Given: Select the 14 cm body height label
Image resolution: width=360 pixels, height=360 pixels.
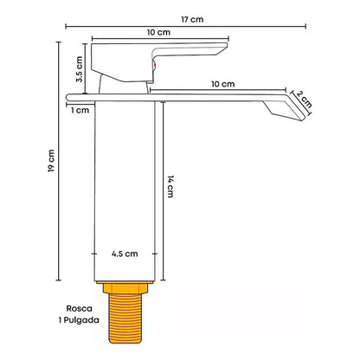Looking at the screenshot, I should (x=171, y=188).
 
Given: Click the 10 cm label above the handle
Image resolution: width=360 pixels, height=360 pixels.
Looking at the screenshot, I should (x=157, y=31).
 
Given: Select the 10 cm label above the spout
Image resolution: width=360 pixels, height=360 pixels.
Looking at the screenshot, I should (x=222, y=84).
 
